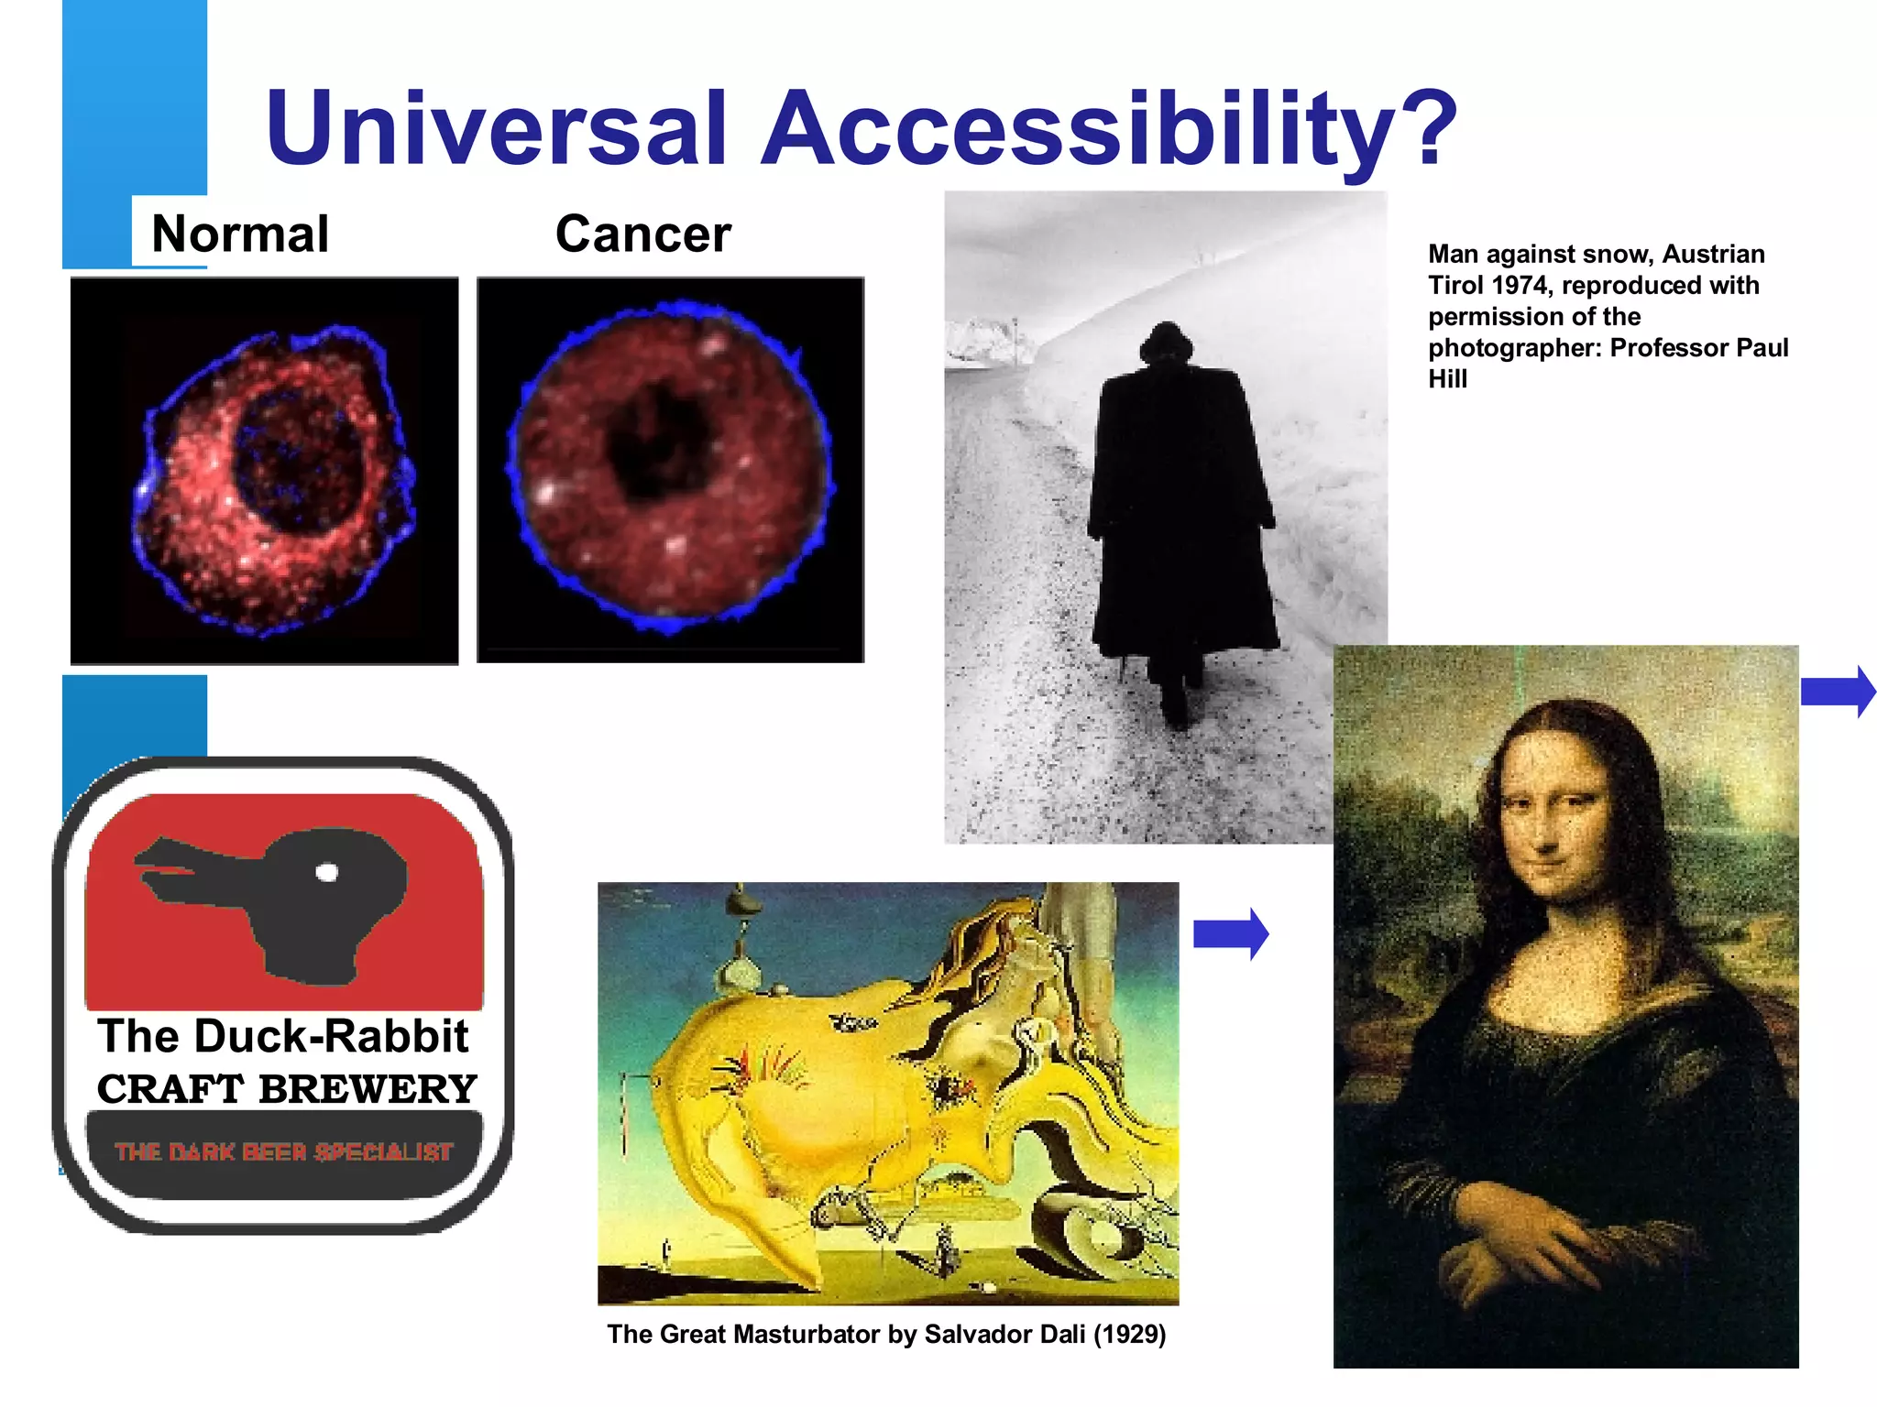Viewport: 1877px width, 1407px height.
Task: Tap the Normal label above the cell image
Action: point(240,234)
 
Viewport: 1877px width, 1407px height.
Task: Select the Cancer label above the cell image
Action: point(642,234)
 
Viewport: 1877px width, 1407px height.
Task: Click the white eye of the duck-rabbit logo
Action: point(326,872)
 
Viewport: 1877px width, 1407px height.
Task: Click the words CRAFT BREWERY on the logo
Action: point(287,1089)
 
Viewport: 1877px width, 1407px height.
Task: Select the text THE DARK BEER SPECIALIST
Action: point(284,1152)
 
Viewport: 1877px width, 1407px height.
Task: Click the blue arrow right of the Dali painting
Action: point(1231,934)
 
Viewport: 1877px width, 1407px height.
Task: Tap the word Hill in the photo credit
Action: point(1447,379)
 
